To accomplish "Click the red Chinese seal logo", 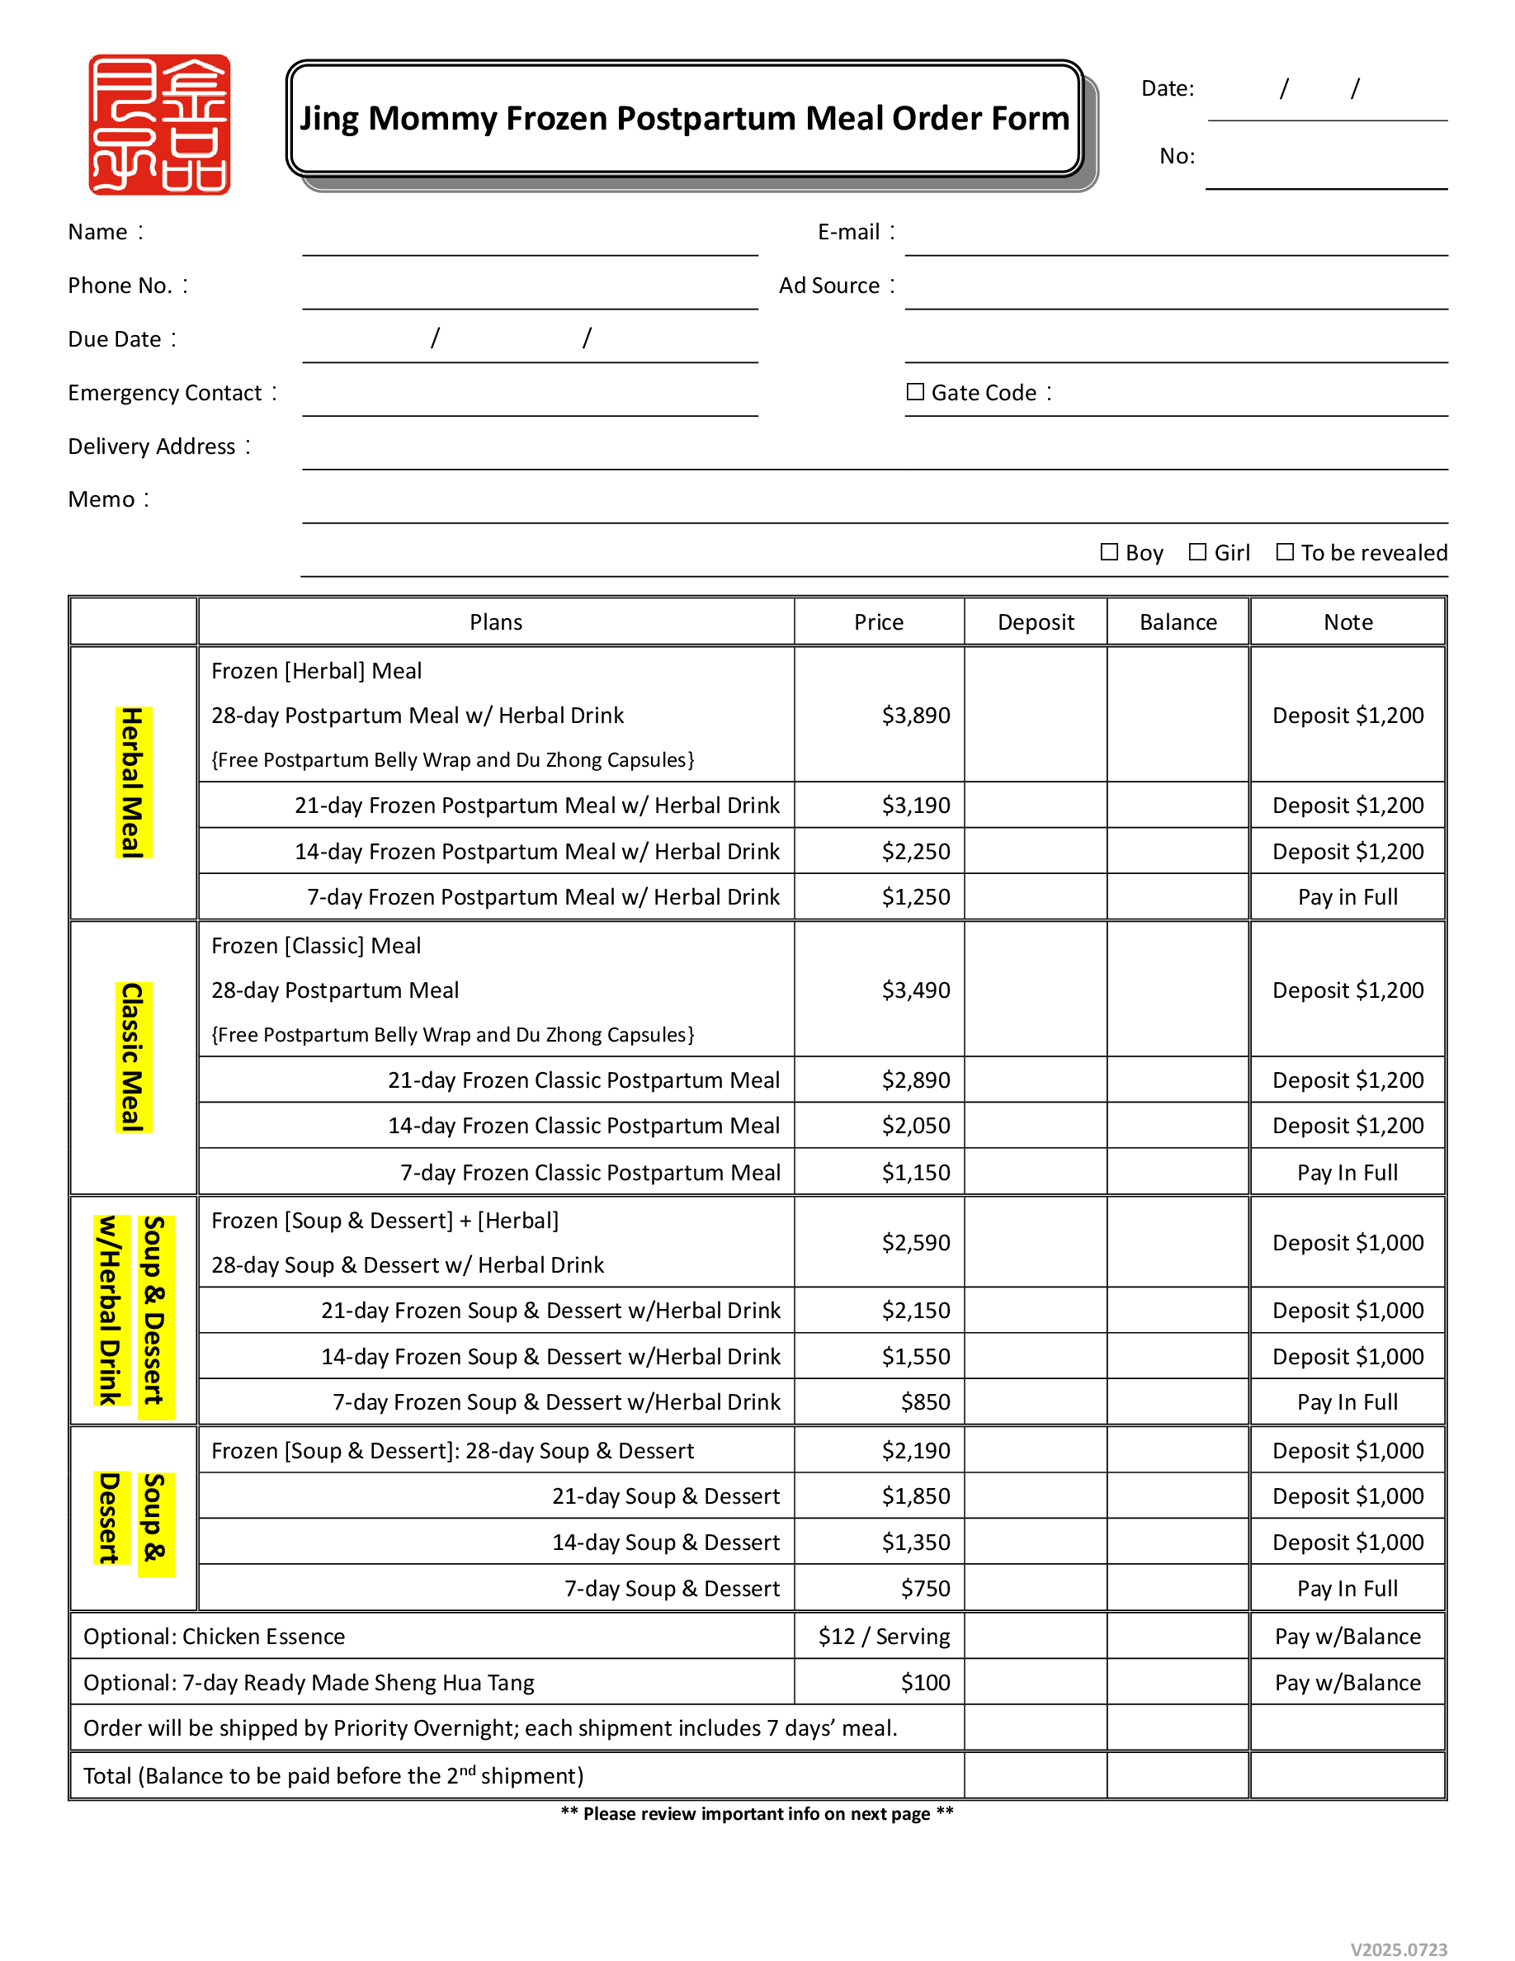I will tap(159, 124).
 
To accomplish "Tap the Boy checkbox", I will tap(1109, 552).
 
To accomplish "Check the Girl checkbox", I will tap(1197, 552).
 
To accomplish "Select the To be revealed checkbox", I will tap(1286, 552).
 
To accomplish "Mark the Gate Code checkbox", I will tap(915, 392).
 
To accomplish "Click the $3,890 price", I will tap(915, 716).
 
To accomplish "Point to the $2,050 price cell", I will tap(915, 1126).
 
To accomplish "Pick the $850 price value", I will tap(925, 1402).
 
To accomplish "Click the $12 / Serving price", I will tap(884, 1637).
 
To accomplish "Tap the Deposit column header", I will tap(1036, 622).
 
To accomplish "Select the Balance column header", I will tap(1178, 622).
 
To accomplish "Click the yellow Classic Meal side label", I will tap(133, 1056).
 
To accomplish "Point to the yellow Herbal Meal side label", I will tap(133, 782).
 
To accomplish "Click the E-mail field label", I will tap(849, 233).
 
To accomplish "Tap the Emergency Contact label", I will tap(165, 394).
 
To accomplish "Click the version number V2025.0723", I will tap(1399, 1949).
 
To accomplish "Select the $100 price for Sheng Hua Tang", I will tap(925, 1683).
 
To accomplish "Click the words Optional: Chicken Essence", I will tap(214, 1637).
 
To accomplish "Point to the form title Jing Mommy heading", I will tap(685, 119).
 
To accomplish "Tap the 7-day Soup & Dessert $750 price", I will tap(925, 1589).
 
